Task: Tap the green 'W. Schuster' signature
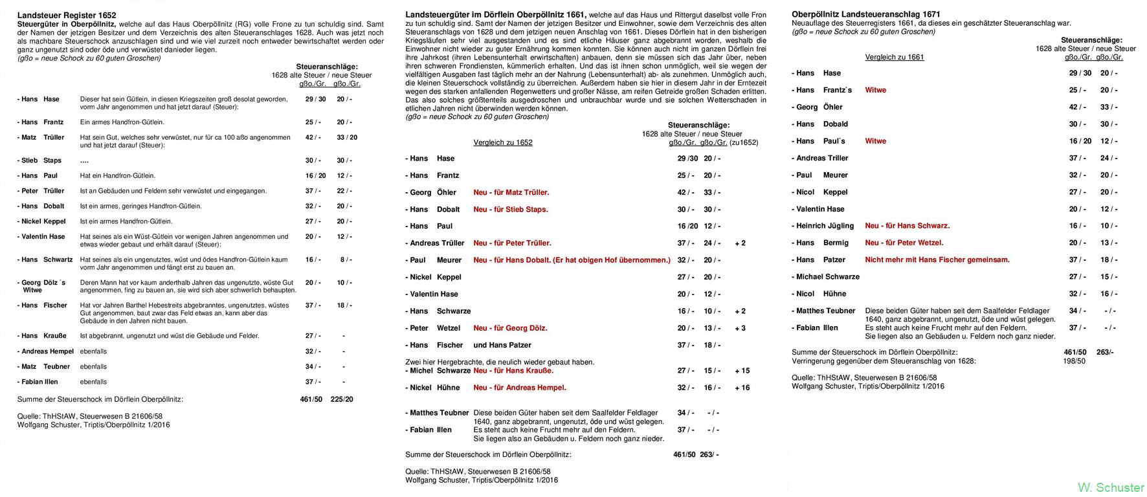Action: point(1111,487)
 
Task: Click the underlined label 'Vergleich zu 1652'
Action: point(503,142)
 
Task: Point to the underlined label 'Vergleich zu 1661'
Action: point(895,57)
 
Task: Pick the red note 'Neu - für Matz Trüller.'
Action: point(511,192)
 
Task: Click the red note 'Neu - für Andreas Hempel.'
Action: point(520,388)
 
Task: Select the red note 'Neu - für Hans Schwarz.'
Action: point(907,226)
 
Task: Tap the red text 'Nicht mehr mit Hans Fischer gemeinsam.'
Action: point(937,260)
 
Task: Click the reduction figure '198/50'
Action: point(1074,361)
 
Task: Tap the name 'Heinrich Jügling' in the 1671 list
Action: point(825,226)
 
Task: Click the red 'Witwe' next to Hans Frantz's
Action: point(875,90)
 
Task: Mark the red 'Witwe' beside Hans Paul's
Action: point(875,141)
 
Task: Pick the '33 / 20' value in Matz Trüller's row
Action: point(347,137)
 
